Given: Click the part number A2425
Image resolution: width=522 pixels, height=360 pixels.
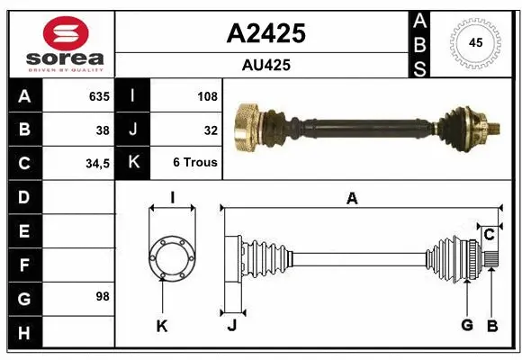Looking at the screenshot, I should [x=265, y=34].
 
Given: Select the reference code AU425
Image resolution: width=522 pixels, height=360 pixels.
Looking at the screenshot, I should [x=265, y=66].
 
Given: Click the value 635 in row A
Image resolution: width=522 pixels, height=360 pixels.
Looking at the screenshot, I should [x=98, y=96].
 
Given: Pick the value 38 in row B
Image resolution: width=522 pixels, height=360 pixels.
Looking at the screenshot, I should [x=103, y=130].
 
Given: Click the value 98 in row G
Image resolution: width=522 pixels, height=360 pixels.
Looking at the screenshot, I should [x=103, y=296].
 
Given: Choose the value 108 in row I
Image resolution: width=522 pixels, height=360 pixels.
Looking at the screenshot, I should [x=206, y=96].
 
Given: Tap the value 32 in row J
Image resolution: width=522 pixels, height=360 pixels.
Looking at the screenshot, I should [x=211, y=130].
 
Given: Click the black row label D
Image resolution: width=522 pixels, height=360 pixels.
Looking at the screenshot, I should [x=24, y=197].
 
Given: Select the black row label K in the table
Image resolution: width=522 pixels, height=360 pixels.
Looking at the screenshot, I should [x=133, y=164].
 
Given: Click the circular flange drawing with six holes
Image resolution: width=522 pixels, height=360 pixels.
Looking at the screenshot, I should [x=171, y=256].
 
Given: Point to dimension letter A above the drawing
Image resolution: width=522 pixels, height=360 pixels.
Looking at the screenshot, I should [x=352, y=199].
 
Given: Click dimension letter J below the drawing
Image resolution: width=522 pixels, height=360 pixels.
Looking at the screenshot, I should [x=231, y=326].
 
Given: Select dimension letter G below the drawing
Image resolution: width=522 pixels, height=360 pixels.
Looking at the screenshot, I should [x=467, y=326].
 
